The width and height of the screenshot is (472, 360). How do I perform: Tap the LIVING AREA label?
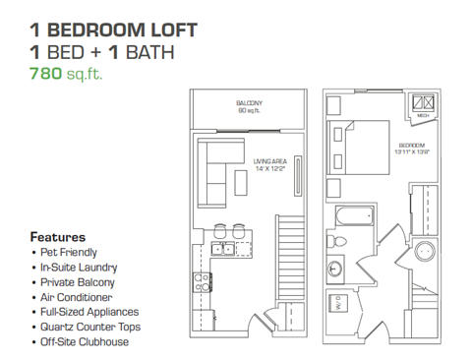[x=269, y=164]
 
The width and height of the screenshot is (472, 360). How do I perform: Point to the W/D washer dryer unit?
[x=335, y=306]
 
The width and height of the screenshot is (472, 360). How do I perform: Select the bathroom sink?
[x=334, y=267]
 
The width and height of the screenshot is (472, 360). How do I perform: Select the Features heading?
[x=57, y=237]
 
